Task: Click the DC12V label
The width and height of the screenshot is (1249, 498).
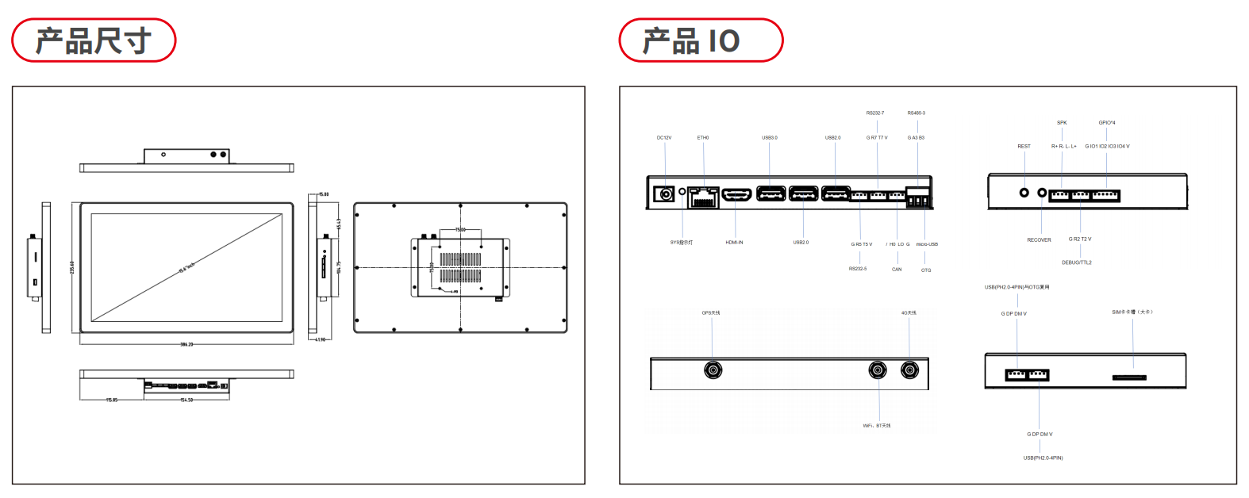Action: click(x=663, y=138)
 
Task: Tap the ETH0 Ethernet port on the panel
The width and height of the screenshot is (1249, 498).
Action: click(x=703, y=197)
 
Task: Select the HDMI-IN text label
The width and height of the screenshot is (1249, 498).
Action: click(x=734, y=243)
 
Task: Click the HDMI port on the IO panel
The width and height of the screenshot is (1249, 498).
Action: click(x=737, y=194)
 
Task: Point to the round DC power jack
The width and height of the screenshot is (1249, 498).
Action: click(x=665, y=193)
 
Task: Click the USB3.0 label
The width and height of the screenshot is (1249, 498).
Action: click(x=770, y=138)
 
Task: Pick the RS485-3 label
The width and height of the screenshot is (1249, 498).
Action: click(x=917, y=113)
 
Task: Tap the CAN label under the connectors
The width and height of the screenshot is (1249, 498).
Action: click(x=897, y=270)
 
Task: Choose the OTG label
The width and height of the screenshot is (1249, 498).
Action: click(x=926, y=270)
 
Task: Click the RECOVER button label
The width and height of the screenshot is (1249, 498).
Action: click(x=1039, y=240)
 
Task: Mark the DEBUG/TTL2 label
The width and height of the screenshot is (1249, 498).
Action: click(x=1077, y=262)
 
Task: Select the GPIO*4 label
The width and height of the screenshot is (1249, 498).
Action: click(x=1107, y=123)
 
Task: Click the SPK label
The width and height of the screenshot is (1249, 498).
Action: click(x=1062, y=123)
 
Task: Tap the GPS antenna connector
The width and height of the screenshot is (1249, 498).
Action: click(x=713, y=370)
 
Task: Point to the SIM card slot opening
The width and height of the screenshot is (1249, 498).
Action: click(x=1128, y=377)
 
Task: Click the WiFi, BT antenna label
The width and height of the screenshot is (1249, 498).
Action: click(x=877, y=426)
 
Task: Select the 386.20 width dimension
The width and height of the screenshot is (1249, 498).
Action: click(x=186, y=344)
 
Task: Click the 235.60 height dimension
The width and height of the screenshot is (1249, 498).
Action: click(x=72, y=268)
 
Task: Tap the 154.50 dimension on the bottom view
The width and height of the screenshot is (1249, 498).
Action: click(x=186, y=400)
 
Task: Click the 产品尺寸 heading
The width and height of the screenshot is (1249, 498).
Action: click(x=94, y=40)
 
